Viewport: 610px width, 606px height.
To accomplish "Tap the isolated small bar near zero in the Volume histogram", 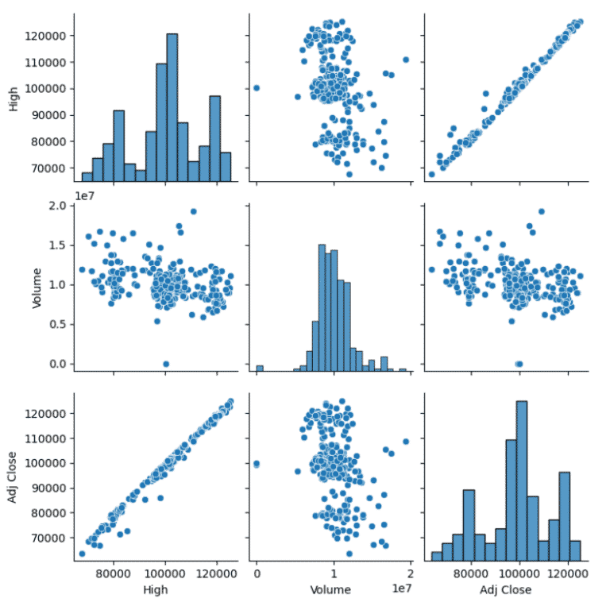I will [x=259, y=368].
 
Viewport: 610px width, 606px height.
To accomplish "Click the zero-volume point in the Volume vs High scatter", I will [x=166, y=364].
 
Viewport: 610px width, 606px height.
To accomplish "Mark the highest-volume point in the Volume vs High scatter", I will [x=193, y=211].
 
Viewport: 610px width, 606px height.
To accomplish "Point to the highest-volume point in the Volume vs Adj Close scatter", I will [x=542, y=211].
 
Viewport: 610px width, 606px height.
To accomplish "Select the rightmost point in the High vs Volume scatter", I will [x=406, y=60].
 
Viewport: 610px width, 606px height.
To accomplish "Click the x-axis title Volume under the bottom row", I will [x=333, y=590].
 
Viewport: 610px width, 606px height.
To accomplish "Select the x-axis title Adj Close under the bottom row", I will [x=505, y=590].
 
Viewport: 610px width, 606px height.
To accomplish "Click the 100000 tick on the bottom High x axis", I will [x=165, y=573].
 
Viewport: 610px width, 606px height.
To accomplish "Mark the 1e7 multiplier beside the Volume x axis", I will [x=401, y=585].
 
